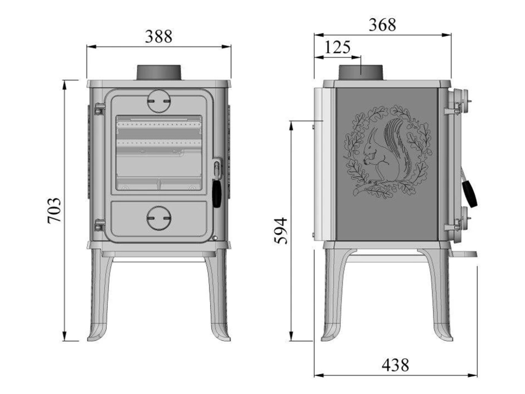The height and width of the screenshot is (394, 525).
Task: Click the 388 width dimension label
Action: coord(158,36)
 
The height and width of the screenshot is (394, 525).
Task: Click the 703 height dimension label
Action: coord(54,210)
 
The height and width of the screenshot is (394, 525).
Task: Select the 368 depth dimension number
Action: coord(382,25)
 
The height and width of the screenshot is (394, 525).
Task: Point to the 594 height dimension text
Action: coord(280,231)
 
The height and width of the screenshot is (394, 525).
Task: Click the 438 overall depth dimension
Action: coord(395,365)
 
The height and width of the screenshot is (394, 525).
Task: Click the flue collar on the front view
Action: coord(159,72)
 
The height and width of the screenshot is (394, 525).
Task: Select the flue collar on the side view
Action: coord(361,73)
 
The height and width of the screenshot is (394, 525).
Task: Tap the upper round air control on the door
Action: coord(159,101)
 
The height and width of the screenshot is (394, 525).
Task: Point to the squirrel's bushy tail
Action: coord(397,144)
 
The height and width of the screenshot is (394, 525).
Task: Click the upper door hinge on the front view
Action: coord(99,109)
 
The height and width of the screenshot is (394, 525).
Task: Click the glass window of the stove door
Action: coord(159,153)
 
